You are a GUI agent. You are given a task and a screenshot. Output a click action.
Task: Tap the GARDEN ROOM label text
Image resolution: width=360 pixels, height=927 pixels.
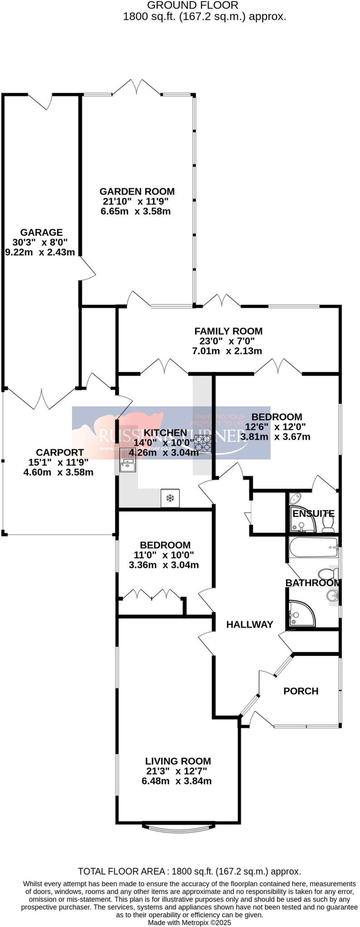[x=137, y=191]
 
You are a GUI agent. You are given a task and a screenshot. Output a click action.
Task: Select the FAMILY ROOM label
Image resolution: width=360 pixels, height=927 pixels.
[x=228, y=331]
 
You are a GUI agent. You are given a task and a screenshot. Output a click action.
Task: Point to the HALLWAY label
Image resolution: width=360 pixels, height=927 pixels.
[x=250, y=625]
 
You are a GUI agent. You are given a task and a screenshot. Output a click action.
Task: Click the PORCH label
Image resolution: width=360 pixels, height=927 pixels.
[x=301, y=691]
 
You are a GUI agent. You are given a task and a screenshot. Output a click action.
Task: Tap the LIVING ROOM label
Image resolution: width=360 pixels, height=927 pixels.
[x=178, y=761]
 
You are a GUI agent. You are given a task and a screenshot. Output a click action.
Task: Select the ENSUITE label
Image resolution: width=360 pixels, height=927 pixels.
[x=313, y=514]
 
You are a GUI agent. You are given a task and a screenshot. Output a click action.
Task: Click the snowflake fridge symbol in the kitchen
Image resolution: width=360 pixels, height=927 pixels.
[x=170, y=498]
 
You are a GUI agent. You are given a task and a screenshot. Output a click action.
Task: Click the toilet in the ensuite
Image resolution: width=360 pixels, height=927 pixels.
[x=328, y=524]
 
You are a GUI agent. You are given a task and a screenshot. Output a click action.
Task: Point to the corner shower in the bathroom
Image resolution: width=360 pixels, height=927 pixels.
[x=297, y=613]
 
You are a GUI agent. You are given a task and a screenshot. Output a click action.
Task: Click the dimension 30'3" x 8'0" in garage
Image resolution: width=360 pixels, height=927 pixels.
[x=41, y=243]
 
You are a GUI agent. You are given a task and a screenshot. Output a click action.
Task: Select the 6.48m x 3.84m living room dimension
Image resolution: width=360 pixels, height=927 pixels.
[x=177, y=781]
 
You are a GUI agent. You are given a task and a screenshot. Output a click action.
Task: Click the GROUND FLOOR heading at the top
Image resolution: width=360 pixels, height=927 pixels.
[x=193, y=5]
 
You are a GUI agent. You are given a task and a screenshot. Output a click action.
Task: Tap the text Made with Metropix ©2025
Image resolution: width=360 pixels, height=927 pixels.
[x=189, y=922]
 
